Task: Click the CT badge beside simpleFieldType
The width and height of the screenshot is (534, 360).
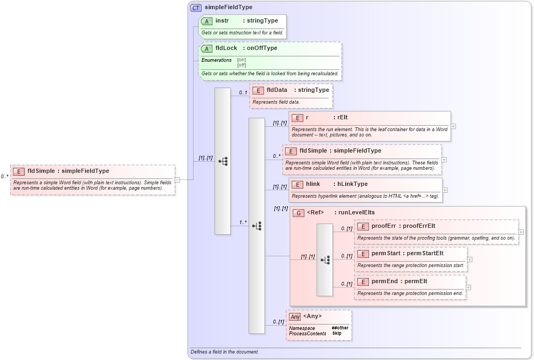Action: tap(196, 8)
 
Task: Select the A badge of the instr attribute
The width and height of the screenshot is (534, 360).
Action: tap(207, 21)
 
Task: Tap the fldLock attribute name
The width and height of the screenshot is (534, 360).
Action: tap(226, 48)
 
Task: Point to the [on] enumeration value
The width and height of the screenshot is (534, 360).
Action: tap(241, 60)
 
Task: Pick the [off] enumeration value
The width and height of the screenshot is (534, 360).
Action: tap(241, 65)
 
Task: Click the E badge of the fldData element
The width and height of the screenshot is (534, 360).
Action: tap(258, 90)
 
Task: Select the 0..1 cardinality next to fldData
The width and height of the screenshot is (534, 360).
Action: tap(243, 92)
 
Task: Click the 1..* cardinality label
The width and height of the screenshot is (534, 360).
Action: tap(243, 222)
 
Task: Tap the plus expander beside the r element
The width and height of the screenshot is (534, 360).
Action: tap(453, 126)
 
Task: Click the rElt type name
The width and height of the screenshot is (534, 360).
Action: tap(343, 118)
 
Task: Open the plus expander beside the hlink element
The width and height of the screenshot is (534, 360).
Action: tap(445, 190)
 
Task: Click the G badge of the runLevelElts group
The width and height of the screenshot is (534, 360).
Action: tap(298, 213)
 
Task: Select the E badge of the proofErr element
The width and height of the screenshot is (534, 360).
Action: tap(363, 226)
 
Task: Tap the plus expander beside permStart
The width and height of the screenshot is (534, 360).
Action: tap(470, 259)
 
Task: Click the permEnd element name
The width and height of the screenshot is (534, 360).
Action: tap(384, 281)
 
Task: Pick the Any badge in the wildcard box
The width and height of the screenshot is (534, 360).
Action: tap(294, 316)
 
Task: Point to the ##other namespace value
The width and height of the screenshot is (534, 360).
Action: tap(340, 328)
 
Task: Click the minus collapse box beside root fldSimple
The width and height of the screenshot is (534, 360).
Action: tap(177, 180)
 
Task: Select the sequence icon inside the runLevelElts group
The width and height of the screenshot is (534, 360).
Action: tap(325, 260)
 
